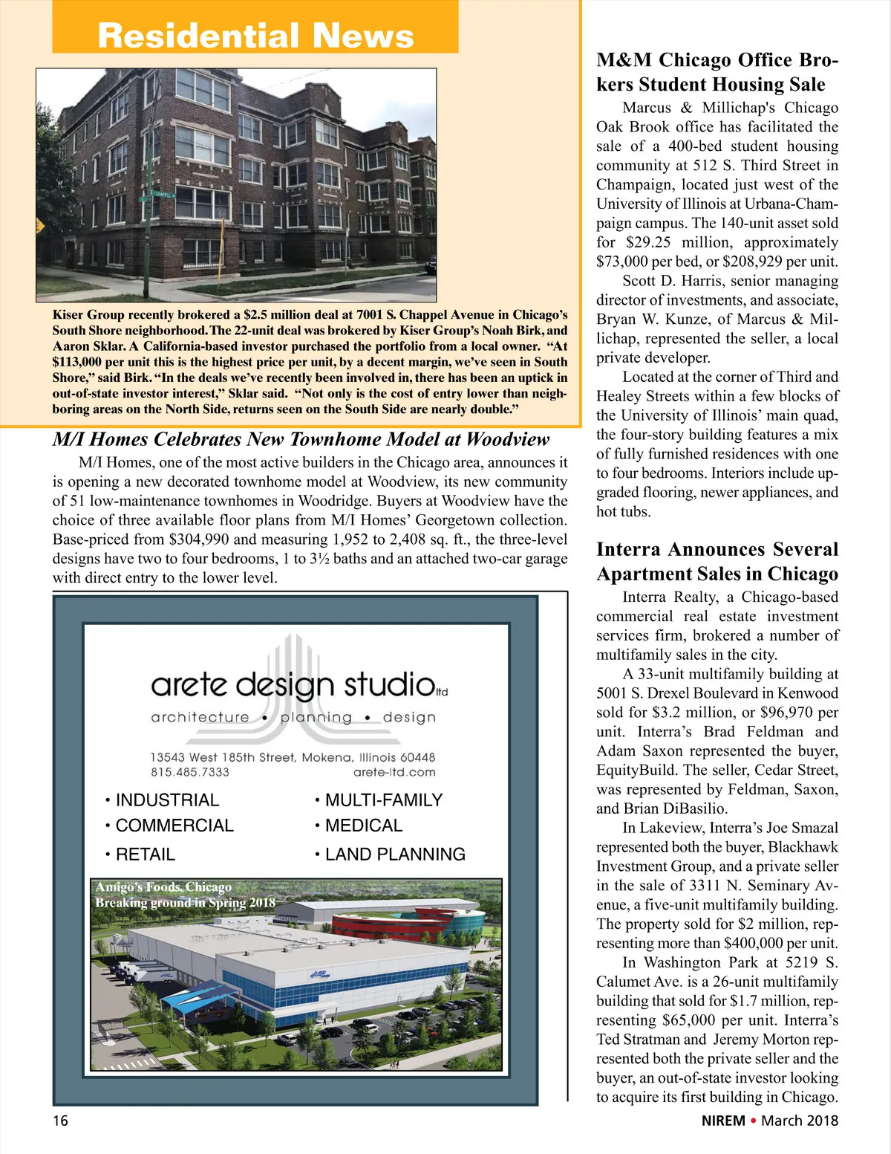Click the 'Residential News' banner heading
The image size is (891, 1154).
click(x=255, y=36)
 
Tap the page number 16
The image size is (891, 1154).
click(x=60, y=1121)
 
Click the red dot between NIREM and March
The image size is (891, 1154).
click(x=754, y=1120)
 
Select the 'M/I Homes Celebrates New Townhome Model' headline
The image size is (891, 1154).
click(x=301, y=439)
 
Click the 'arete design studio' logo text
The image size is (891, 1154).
click(x=293, y=684)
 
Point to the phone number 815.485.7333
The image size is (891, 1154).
click(x=190, y=772)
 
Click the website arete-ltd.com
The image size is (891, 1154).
click(x=394, y=772)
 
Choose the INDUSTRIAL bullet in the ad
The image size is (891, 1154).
click(x=167, y=800)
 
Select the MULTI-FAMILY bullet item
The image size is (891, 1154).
click(x=383, y=800)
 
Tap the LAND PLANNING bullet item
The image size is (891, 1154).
click(x=395, y=855)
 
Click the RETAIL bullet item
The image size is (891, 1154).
click(x=146, y=855)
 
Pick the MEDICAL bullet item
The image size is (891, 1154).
click(x=364, y=826)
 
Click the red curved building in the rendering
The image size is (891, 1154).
click(x=390, y=926)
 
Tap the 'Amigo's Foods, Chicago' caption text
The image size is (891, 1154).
click(x=163, y=886)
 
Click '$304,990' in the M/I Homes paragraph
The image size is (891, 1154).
click(x=199, y=539)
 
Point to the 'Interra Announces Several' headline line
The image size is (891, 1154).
click(x=717, y=549)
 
